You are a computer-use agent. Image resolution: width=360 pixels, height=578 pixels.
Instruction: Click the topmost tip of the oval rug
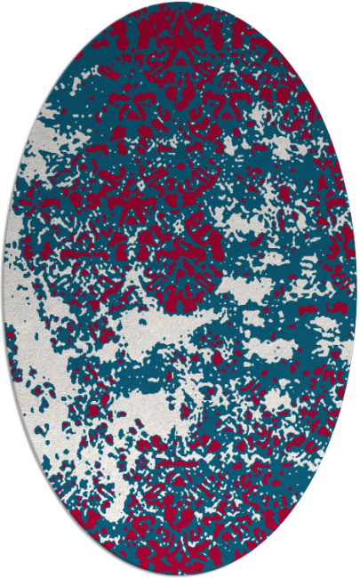(x=180, y=4)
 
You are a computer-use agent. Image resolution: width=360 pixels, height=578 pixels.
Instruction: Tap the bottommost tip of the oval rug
(x=180, y=574)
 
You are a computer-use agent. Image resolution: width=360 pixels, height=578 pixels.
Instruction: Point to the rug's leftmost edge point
(x=4, y=289)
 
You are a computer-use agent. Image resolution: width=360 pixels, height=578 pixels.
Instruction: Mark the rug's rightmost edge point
(x=356, y=289)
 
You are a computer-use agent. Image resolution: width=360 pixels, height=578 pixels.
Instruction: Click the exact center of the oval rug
(x=180, y=289)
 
